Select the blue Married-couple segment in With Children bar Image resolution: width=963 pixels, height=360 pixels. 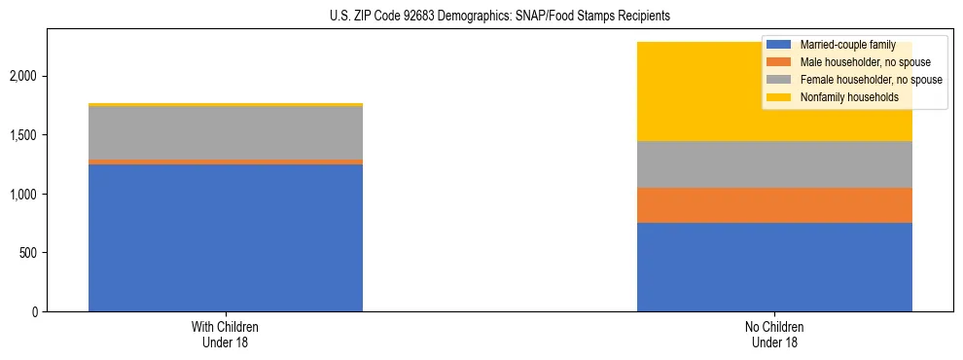point(226,238)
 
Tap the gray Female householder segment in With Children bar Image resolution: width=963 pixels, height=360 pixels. point(226,132)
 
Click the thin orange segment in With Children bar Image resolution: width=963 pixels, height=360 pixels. point(226,162)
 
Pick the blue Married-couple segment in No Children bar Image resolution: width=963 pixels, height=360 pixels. point(774,268)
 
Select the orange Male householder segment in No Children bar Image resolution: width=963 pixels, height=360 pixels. point(774,205)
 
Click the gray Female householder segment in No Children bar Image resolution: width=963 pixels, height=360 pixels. point(774,164)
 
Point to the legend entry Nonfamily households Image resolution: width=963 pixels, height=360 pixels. point(842,97)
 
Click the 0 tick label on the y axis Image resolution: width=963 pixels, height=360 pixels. point(34,312)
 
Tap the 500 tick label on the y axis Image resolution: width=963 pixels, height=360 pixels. point(28,253)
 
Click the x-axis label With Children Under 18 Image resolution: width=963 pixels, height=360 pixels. point(226,335)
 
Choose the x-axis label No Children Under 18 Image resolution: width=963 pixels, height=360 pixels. point(774,335)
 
